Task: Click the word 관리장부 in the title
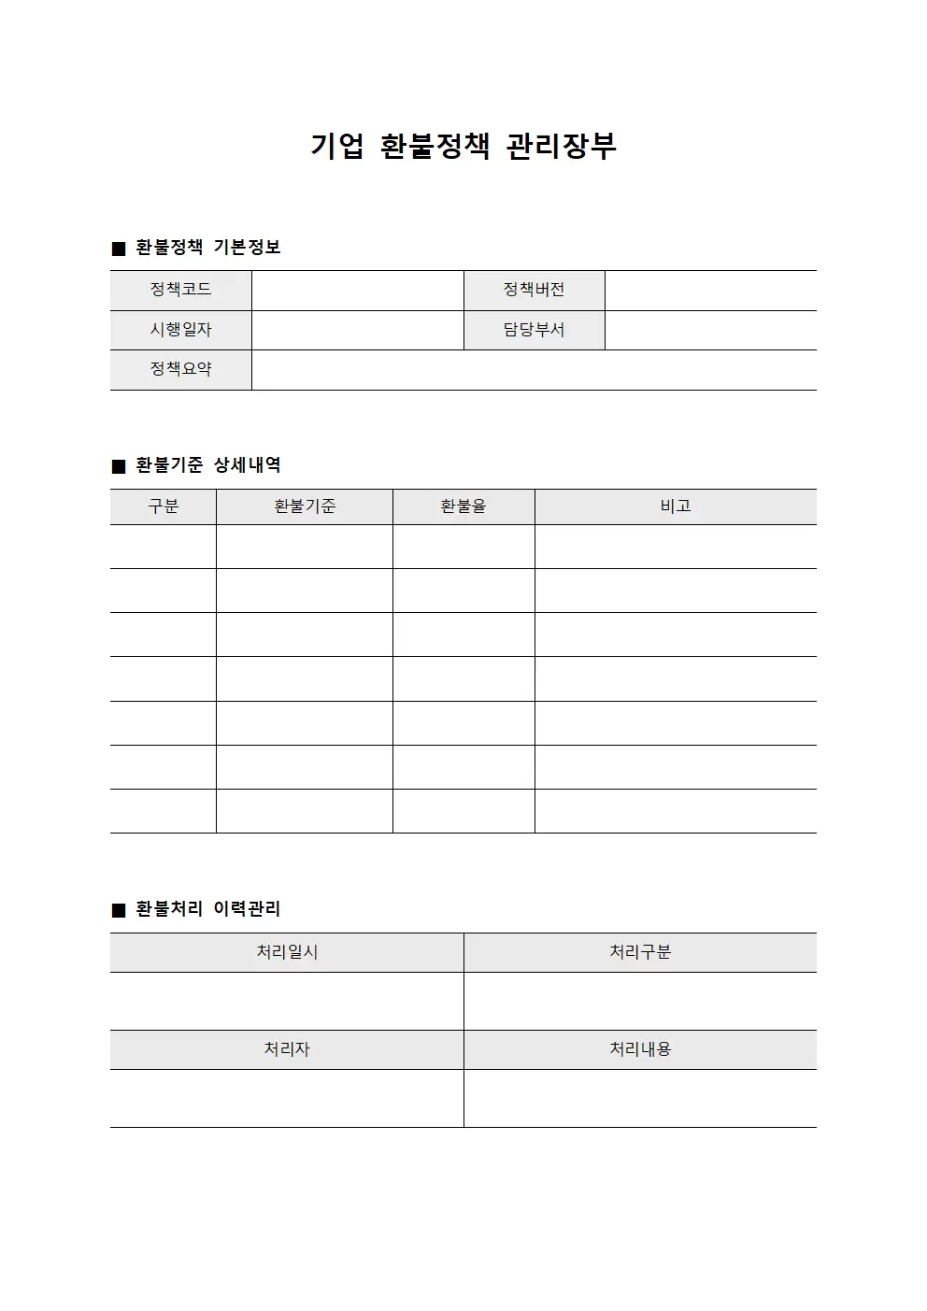coord(561,147)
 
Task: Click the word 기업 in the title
coord(336,147)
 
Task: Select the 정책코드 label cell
coord(181,290)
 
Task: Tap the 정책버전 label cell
coord(534,290)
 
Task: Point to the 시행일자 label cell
coord(181,330)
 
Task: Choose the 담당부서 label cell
coord(534,330)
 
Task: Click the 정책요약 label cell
coord(181,369)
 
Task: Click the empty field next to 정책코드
coord(357,290)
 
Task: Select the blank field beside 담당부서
coord(710,330)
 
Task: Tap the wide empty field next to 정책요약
coord(534,369)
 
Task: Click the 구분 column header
coord(164,506)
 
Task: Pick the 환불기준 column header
coord(305,506)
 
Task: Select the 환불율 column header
coord(463,506)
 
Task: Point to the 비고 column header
coord(676,506)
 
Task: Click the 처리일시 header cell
coord(287,952)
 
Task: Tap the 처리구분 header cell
coord(640,952)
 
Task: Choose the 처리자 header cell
coord(287,1049)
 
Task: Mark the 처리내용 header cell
coord(640,1049)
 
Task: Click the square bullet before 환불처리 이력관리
coord(119,910)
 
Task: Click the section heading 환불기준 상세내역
coord(207,465)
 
